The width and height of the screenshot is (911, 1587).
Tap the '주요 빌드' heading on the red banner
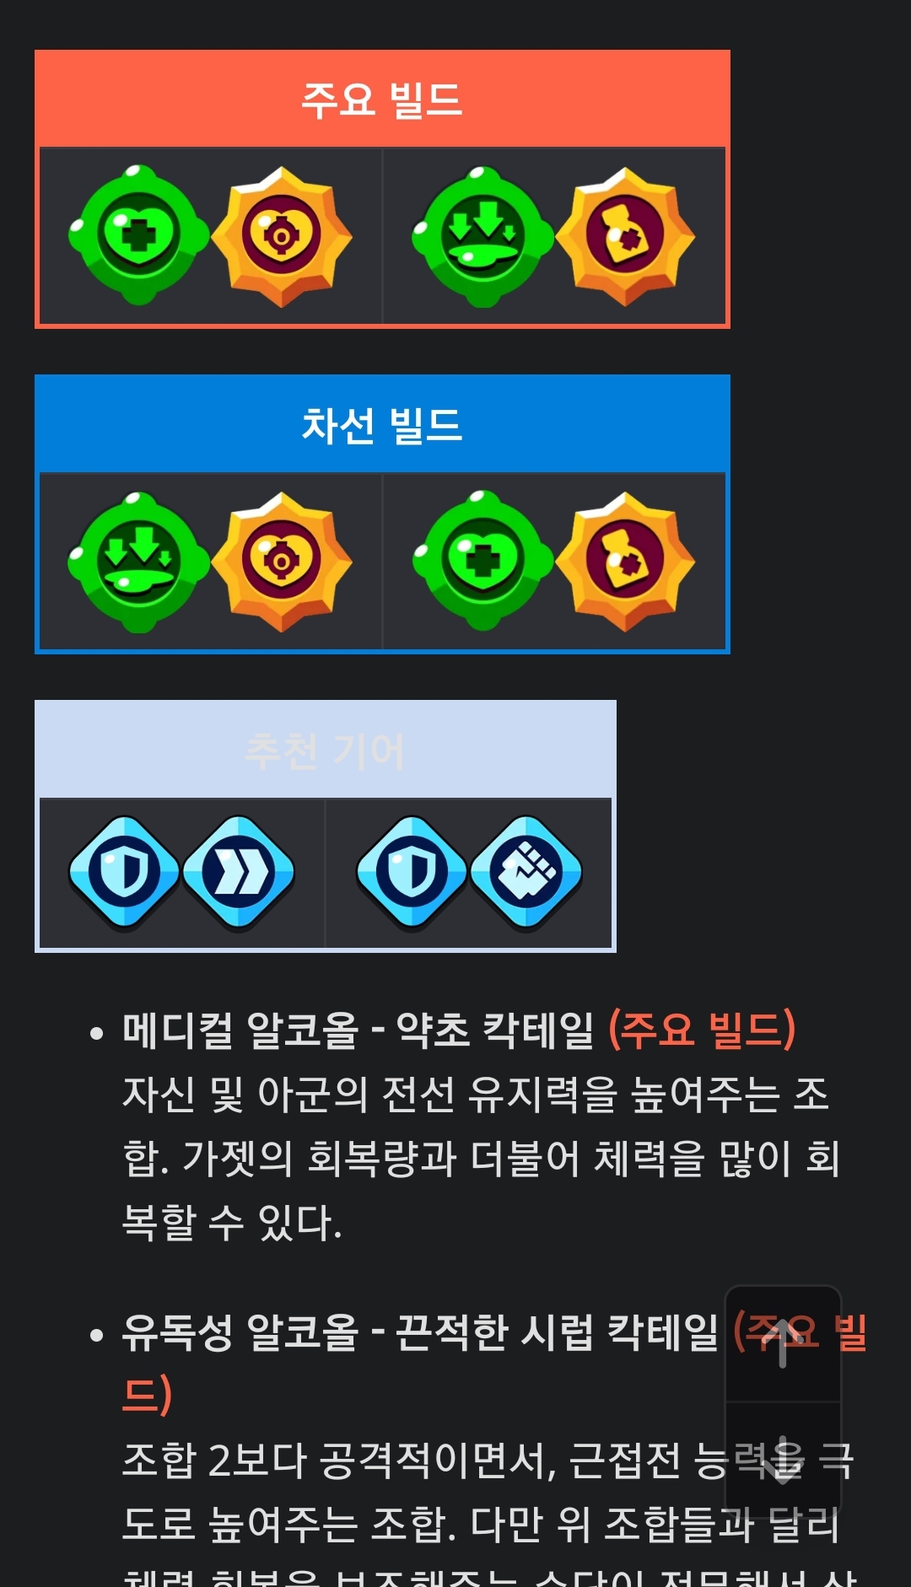381,100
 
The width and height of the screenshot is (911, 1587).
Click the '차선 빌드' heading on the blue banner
381,425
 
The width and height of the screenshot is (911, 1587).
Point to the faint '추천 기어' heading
325,750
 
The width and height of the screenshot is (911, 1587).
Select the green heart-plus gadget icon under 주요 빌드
138,235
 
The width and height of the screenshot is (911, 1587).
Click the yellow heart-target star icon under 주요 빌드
282,236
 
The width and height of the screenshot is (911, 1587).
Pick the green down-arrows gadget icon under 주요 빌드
482,236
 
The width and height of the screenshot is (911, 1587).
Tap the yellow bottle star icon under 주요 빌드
625,236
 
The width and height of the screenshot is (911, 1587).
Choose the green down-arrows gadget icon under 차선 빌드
138,562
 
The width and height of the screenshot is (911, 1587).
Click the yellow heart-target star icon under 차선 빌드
282,562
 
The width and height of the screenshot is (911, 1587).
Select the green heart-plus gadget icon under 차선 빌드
482,562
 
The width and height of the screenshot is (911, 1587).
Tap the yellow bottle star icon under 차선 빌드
625,562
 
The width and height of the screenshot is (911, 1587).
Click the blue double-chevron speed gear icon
239,872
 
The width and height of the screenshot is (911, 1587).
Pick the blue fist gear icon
526,872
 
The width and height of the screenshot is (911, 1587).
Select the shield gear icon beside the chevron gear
124,872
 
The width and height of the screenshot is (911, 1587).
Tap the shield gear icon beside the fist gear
412,872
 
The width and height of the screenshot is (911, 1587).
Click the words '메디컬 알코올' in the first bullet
240,1030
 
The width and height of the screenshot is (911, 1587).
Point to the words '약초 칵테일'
495,1030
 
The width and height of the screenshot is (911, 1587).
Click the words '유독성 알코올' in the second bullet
240,1332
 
